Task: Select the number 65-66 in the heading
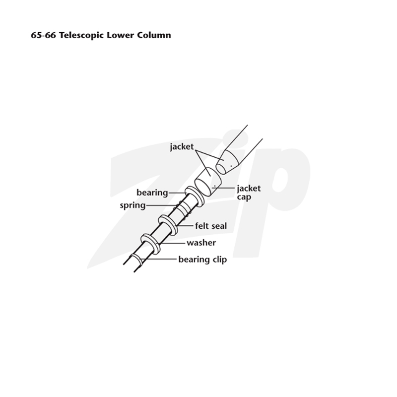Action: coord(43,35)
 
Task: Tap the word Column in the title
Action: coord(154,35)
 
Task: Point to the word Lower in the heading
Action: coord(120,35)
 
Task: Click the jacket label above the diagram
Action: coord(182,146)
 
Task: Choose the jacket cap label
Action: coord(249,193)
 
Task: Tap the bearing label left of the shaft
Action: coord(152,193)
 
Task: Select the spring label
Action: coord(132,205)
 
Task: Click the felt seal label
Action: coord(211,226)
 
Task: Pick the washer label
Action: coord(201,243)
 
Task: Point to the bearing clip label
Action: coord(202,260)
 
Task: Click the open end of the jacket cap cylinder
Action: coord(203,188)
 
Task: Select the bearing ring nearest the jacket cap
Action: coord(194,197)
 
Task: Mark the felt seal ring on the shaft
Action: coord(167,225)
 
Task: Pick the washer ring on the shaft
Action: coord(150,244)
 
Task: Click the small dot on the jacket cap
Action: coord(215,186)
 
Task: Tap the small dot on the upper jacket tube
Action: coord(231,166)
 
